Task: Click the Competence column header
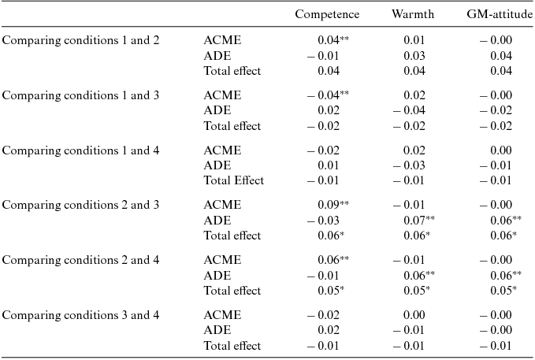[327, 14]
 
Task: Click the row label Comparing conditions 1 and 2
[81, 40]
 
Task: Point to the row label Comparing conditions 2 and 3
[81, 205]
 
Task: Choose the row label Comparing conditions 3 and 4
[81, 315]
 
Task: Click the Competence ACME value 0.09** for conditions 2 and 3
[333, 205]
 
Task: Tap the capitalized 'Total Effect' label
[233, 180]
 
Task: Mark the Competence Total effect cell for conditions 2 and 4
[333, 291]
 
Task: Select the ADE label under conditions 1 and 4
[217, 165]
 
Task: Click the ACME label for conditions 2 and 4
[222, 260]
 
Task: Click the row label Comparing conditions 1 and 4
[81, 150]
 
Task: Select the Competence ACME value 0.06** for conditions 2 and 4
[333, 260]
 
